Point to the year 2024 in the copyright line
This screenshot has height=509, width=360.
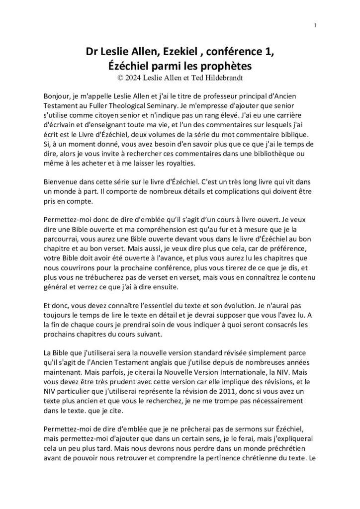134,78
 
